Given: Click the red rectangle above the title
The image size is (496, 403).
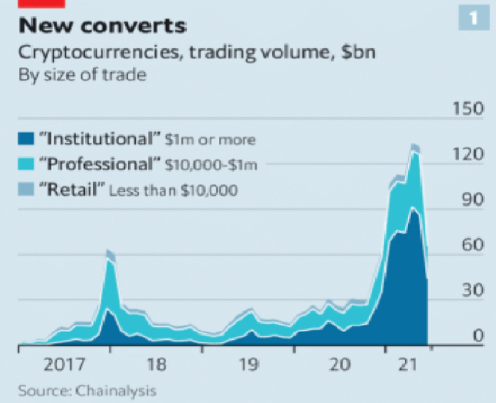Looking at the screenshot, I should (x=42, y=3).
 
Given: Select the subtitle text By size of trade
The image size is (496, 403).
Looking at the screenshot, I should (x=82, y=76).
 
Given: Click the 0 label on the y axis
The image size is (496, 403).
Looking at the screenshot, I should (x=477, y=336).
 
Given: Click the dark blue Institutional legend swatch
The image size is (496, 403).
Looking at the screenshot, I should (x=26, y=139).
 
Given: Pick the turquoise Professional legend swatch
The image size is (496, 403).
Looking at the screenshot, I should (x=26, y=163).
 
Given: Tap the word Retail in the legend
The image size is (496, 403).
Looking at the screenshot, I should (x=72, y=189).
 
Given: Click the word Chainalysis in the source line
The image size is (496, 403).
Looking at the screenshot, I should (x=116, y=391).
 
